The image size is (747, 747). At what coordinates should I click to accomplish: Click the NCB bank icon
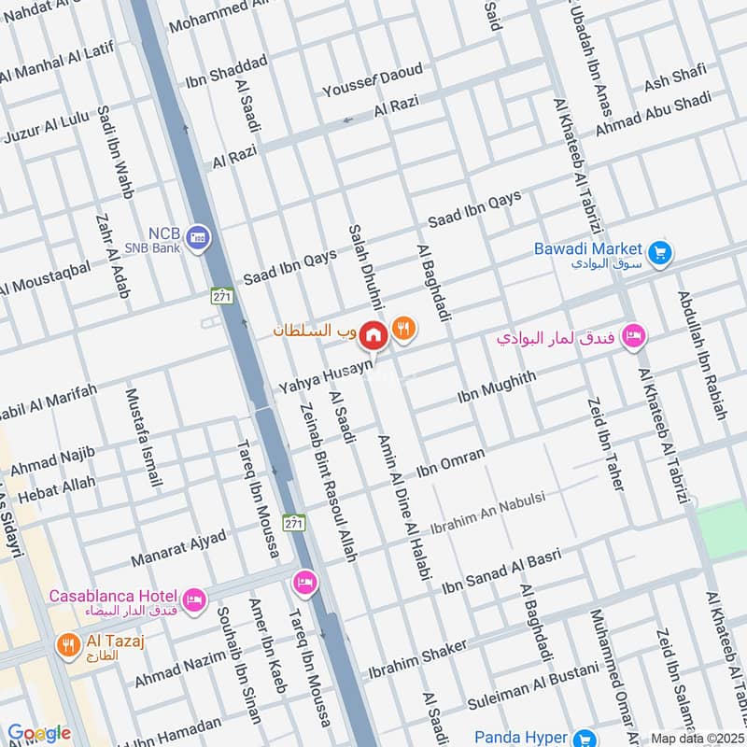[x=197, y=238]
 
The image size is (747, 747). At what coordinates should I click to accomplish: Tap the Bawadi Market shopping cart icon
[x=660, y=253]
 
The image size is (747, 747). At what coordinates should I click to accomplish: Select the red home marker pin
[x=373, y=333]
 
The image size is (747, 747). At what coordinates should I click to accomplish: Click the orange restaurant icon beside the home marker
[x=403, y=328]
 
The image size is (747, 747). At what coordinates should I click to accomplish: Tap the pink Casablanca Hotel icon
[x=194, y=599]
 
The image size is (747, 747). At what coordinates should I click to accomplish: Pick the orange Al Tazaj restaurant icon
[x=67, y=644]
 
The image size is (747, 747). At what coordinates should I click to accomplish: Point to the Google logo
[x=39, y=734]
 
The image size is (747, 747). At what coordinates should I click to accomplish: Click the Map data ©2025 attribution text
[x=697, y=738]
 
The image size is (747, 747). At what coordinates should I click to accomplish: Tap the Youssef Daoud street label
[x=372, y=81]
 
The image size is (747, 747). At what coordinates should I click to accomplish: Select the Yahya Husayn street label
[x=324, y=377]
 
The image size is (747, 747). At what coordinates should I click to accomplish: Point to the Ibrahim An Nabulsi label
[x=500, y=511]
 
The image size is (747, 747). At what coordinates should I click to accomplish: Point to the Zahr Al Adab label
[x=111, y=265]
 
